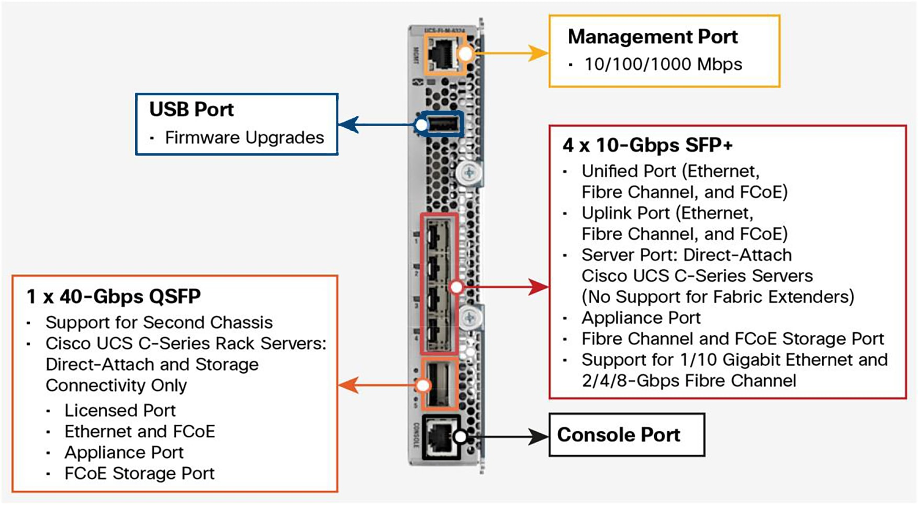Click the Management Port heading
coord(652,37)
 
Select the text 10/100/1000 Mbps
coord(663,64)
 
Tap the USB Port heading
coord(192,109)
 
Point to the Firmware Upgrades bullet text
coord(244,138)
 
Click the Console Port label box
coord(626,435)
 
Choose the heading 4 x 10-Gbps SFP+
coord(647,145)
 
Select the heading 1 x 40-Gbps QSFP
coord(114,297)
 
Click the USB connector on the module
coord(444,124)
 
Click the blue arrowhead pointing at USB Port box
coord(349,125)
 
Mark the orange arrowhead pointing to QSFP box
coord(349,385)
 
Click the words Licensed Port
coord(120,411)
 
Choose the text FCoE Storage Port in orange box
coord(139,474)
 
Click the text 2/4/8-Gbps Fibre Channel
coord(689,381)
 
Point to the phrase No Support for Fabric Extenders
coord(718,297)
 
